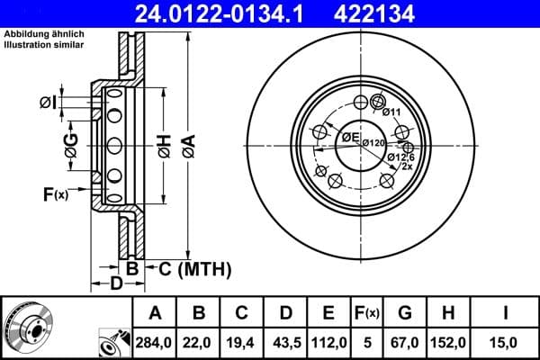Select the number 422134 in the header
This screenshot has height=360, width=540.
(391, 13)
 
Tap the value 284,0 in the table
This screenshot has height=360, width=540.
(155, 341)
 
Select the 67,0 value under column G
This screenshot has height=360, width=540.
(404, 341)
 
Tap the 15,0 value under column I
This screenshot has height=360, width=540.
(508, 341)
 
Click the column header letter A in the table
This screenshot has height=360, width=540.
(155, 313)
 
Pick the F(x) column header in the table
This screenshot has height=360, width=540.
(370, 313)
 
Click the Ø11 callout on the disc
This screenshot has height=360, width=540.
(391, 112)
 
